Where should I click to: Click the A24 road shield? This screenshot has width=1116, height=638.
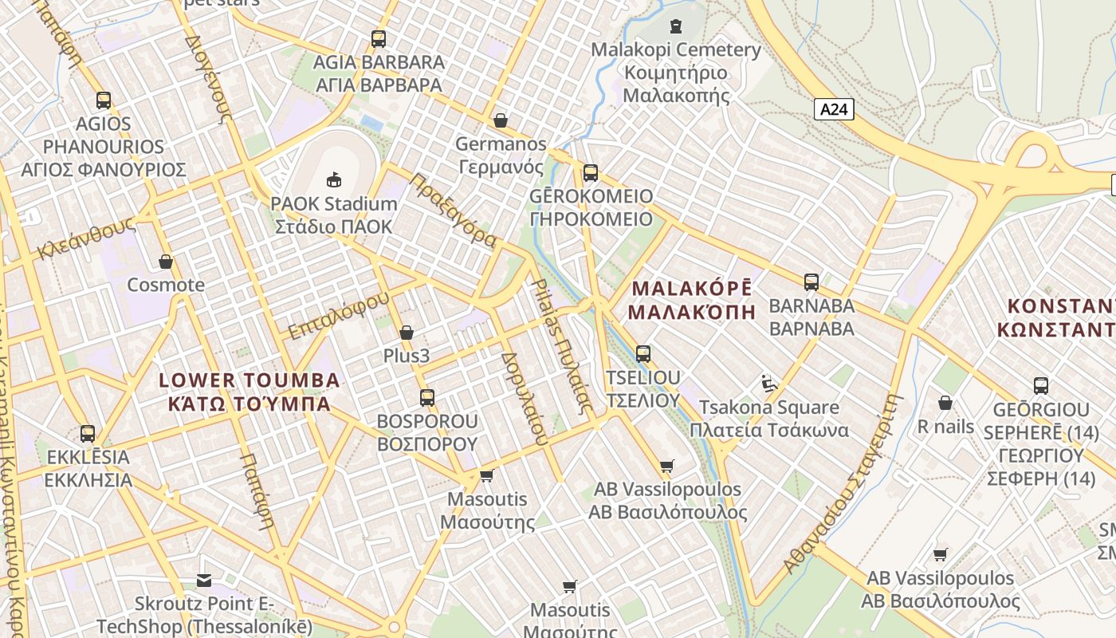coord(834,109)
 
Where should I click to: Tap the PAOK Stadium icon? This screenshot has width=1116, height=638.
coord(334,180)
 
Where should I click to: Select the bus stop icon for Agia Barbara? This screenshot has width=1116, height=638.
coord(379,38)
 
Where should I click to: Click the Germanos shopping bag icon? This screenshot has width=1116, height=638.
coord(501,120)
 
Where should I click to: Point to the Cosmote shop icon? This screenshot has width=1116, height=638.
coord(166,262)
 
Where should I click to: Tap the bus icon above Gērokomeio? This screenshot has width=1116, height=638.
coord(591,173)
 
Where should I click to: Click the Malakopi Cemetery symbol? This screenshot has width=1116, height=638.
coord(676,26)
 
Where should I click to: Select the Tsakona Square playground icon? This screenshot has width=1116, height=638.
coord(768,384)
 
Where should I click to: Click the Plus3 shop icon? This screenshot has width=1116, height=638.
coord(407,333)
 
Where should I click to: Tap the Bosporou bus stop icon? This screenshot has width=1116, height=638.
coord(427,397)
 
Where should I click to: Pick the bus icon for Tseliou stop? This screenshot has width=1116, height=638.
coord(643,353)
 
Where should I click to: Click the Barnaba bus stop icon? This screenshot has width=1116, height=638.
coord(811,282)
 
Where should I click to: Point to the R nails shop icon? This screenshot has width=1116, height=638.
coord(945,403)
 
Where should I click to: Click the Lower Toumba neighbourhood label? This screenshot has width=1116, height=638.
coord(250,391)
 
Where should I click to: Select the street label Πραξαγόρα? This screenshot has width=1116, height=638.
coord(453,211)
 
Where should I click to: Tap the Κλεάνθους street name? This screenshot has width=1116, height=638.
coord(85,238)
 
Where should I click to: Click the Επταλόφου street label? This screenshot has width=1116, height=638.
coord(339,315)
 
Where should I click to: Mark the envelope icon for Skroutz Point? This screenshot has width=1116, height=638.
coord(205,581)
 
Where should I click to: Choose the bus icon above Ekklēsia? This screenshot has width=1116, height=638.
coord(88,434)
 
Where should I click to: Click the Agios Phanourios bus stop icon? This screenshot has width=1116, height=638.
coord(104,100)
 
